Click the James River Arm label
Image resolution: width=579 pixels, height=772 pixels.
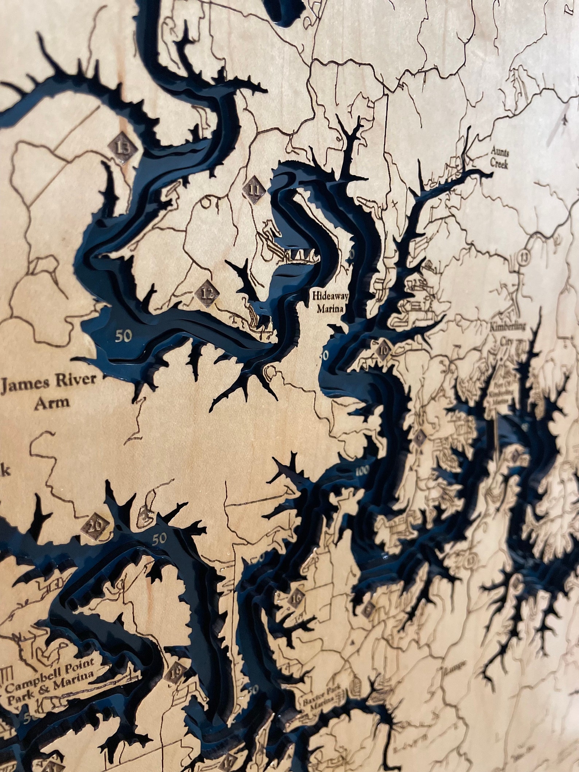click(x=50, y=391)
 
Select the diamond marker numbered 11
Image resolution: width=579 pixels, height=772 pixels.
click(x=254, y=189)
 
